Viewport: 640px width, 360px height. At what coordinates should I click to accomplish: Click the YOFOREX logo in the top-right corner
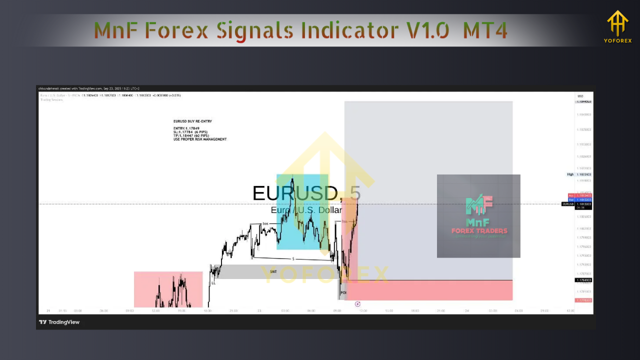point(617,27)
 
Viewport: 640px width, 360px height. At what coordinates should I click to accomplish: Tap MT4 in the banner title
point(484,31)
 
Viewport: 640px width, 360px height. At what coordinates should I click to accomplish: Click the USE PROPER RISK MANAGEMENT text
point(200,139)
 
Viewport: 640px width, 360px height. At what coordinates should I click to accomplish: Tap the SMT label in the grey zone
point(273,271)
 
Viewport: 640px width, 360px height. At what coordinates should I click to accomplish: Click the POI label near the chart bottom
point(343,292)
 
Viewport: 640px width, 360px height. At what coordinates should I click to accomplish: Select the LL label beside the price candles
point(213,283)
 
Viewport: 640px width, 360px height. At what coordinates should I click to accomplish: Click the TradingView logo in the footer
point(59,322)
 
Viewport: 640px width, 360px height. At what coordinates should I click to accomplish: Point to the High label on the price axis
point(570,174)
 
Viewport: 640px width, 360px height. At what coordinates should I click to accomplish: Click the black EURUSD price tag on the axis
point(568,204)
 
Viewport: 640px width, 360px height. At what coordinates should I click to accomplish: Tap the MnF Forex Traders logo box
point(478,216)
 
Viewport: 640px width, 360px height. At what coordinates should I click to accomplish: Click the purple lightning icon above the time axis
point(357,304)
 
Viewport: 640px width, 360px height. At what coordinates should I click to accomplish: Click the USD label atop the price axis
point(580,96)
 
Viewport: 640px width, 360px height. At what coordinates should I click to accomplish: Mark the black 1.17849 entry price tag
point(583,280)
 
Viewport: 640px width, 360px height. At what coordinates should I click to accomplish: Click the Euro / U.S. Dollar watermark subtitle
point(306,210)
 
